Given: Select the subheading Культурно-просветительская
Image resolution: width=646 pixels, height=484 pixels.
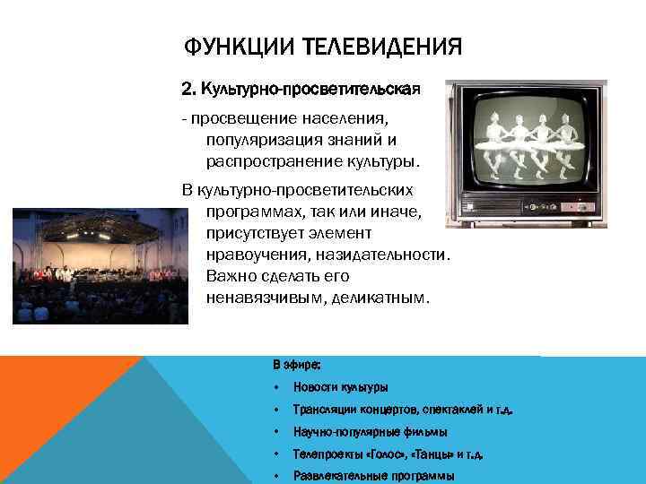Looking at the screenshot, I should (311, 90).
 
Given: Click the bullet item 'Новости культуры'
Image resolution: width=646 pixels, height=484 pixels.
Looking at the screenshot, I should (340, 387).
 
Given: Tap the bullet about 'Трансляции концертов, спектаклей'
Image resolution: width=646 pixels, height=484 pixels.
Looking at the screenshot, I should (404, 410).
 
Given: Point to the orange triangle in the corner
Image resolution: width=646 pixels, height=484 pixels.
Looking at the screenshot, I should (54, 394).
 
